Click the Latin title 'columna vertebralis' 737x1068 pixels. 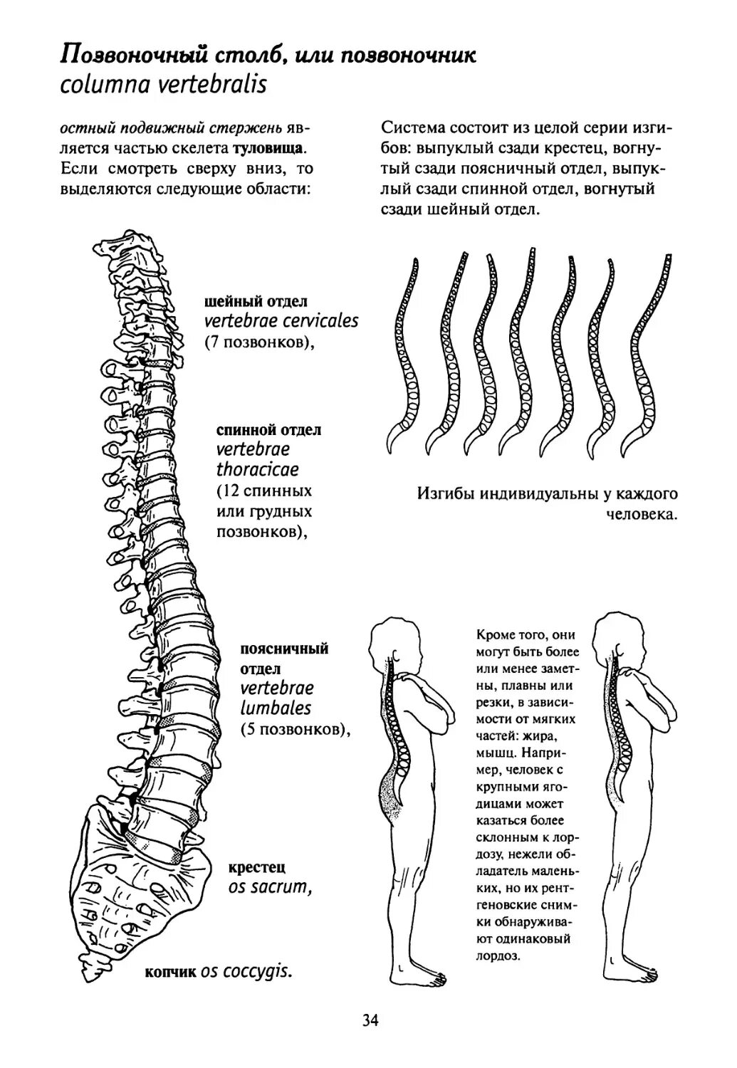coord(163,85)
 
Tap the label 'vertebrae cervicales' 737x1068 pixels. coord(281,321)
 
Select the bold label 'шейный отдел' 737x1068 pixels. coord(256,301)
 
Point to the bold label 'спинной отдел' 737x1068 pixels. coord(268,431)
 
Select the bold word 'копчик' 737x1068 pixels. coord(169,973)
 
